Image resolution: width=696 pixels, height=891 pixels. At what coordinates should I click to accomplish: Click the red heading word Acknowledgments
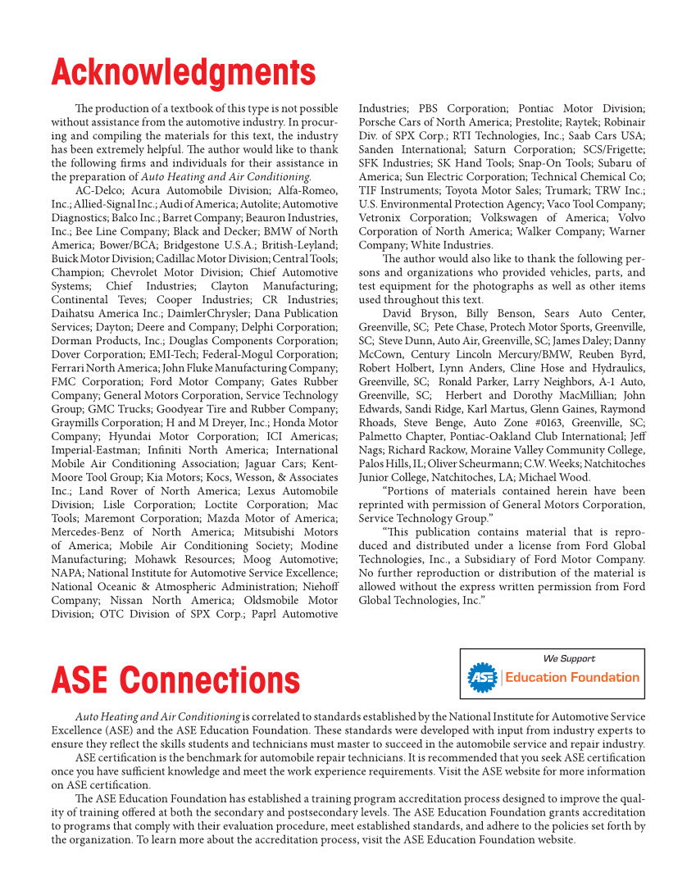pyautogui.click(x=183, y=73)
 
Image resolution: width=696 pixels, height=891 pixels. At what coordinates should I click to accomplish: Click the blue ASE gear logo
pyautogui.click(x=482, y=677)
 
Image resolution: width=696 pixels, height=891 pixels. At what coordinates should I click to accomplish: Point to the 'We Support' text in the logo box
pyautogui.click(x=569, y=658)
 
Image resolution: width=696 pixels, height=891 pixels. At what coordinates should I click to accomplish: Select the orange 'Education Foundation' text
pyautogui.click(x=571, y=677)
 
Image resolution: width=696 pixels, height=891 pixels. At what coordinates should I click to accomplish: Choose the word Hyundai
pyautogui.click(x=135, y=436)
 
